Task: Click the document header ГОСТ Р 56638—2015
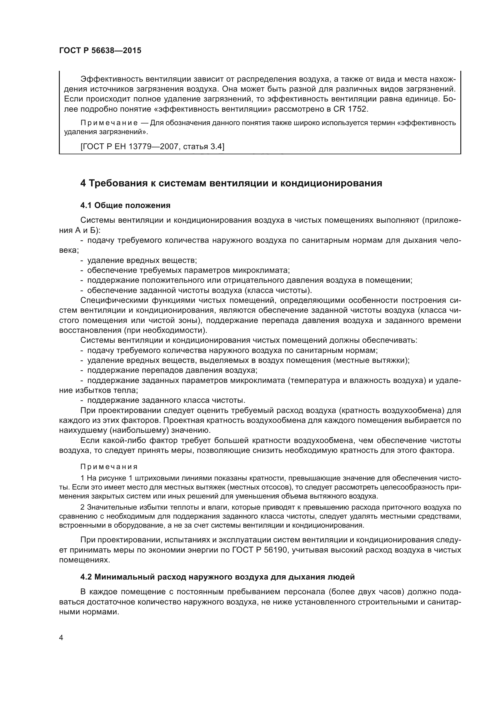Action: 100,51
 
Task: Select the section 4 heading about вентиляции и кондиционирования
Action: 231,183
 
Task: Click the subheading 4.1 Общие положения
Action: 125,206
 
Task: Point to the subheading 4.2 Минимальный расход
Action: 217,577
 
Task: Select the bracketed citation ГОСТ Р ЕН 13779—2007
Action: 152,147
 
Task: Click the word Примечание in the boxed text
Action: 109,123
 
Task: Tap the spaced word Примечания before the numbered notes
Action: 109,467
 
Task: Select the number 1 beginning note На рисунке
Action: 82,478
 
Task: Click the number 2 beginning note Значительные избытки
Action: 82,508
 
